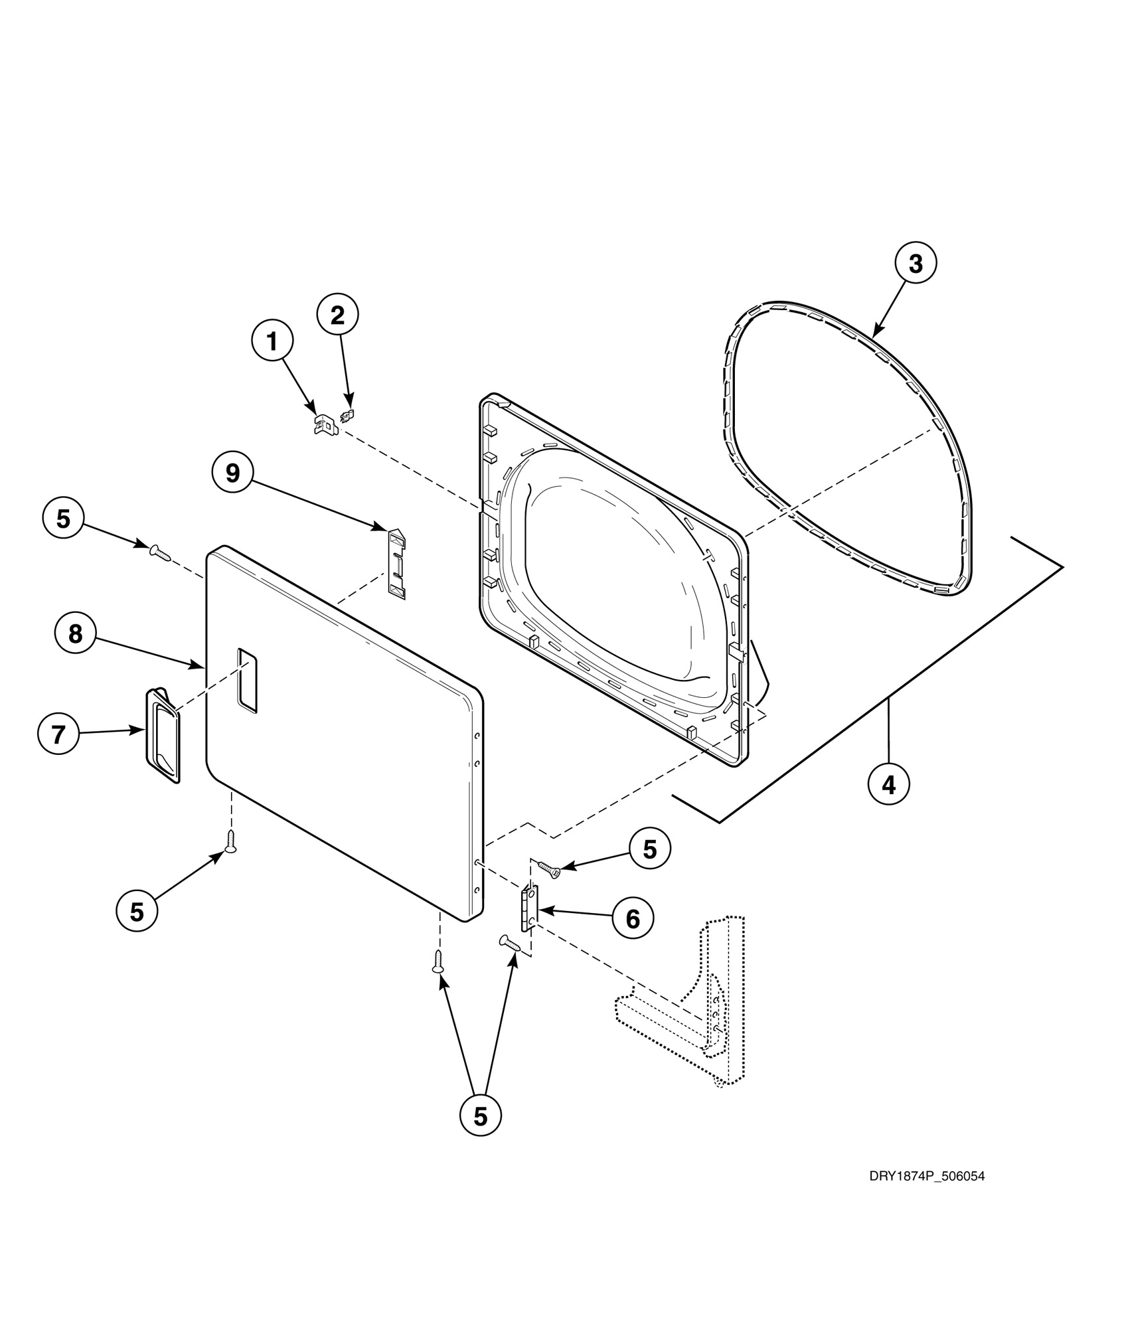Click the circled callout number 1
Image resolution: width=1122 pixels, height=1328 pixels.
pos(272,341)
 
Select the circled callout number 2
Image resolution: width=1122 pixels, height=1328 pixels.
pos(337,315)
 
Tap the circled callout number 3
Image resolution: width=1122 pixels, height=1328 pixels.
pos(916,264)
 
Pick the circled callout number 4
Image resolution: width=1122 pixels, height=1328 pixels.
pos(889,785)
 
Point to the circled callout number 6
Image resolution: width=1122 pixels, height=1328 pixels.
pos(633,919)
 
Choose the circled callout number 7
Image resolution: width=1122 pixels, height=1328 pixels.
pos(58,734)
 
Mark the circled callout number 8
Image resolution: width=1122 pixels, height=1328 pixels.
pos(76,633)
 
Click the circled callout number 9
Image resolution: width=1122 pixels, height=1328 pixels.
pos(232,473)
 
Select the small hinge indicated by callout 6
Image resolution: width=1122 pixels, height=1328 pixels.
pos(529,909)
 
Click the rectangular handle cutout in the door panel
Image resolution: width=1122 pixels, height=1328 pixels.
pos(246,681)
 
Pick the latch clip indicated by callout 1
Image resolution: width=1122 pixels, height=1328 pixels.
pos(325,424)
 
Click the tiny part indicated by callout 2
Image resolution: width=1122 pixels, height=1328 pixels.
pos(347,416)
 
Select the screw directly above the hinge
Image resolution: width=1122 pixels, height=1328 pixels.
pos(550,869)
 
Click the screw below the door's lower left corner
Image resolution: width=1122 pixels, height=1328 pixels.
pos(231,841)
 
